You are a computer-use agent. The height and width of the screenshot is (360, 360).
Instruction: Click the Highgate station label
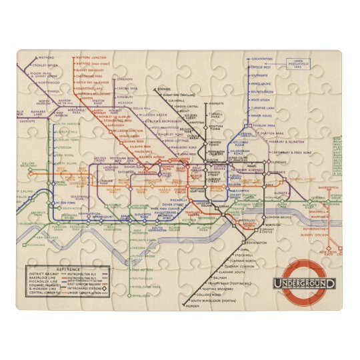215,104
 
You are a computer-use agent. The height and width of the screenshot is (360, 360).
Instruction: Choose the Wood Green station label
261,99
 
